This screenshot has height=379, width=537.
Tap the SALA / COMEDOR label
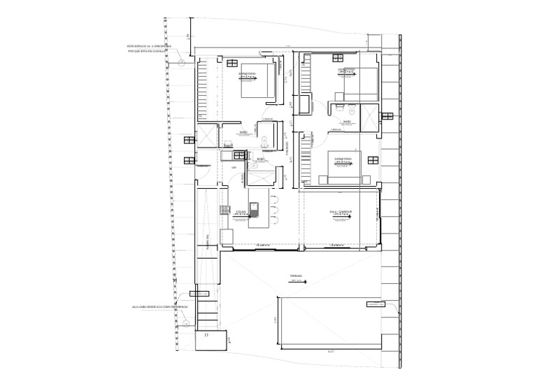(345, 211)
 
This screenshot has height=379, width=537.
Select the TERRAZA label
(296, 277)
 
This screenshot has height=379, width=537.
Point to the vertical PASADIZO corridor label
(287, 146)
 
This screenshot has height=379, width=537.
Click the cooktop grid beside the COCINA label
(225, 210)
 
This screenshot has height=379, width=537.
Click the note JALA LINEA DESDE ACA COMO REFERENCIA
(159, 306)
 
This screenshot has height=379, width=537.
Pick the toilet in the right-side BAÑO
(351, 110)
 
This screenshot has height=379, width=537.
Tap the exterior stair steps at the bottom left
(207, 308)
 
